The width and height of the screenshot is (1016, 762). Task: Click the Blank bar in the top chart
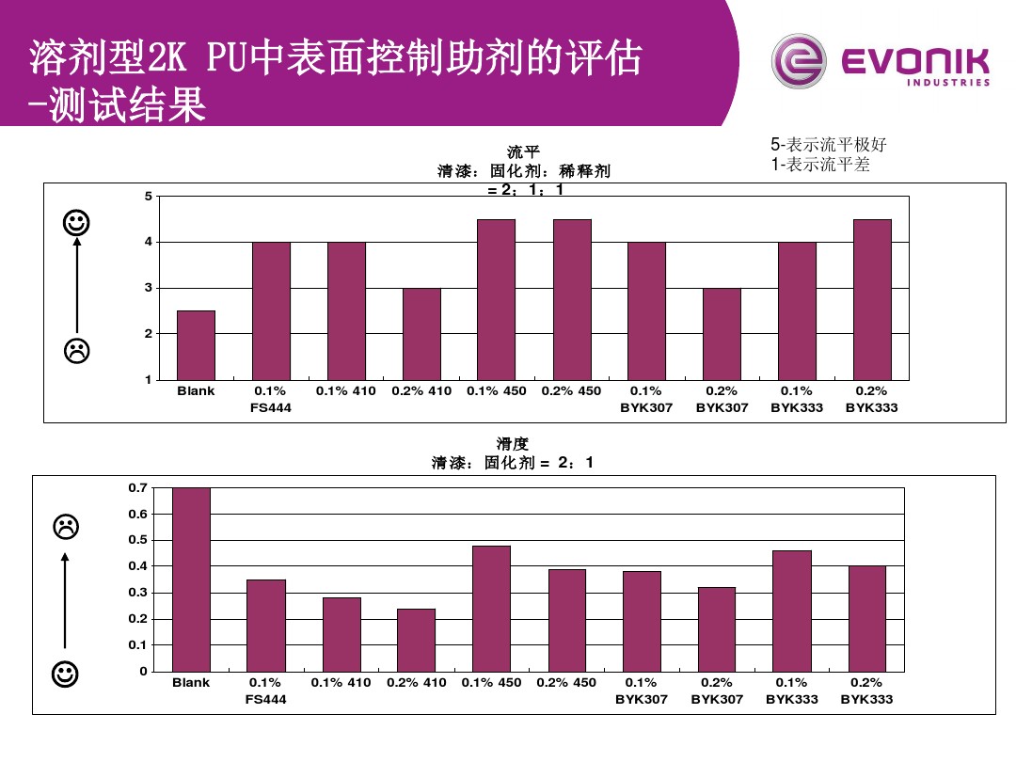coord(196,344)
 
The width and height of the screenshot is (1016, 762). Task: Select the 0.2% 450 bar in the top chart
coord(571,299)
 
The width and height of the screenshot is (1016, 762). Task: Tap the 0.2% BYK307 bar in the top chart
coord(722,333)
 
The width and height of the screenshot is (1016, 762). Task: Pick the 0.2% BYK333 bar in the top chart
coord(872,299)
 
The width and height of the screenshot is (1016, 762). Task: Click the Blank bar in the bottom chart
coord(191,579)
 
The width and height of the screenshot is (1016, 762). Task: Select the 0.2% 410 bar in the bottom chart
coord(416,640)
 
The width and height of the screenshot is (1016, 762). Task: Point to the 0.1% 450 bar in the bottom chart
coord(491,608)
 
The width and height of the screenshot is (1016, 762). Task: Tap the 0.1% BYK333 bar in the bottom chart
coord(791,611)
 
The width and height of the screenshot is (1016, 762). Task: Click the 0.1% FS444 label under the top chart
coord(271,399)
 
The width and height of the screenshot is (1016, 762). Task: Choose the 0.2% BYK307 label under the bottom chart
coord(717,691)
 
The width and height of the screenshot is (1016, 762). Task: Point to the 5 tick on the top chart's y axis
coord(148,197)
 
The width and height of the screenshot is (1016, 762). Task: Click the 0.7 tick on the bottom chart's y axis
coord(138,487)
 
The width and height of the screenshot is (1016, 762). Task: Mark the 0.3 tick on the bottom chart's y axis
coord(138,593)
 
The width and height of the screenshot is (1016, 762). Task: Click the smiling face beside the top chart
coord(77,223)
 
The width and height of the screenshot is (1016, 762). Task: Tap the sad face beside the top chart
coord(77,351)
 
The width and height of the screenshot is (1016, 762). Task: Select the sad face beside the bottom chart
coord(65,527)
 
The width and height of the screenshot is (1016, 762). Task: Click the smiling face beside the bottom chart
coord(65,674)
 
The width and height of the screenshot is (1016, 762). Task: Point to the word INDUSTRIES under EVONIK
coord(947,83)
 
